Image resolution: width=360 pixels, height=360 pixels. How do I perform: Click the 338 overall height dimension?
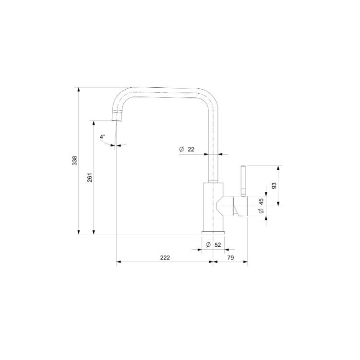click(75, 161)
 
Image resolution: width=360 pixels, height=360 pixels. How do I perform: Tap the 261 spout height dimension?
click(90, 177)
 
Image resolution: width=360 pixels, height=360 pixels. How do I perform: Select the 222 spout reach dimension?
click(165, 257)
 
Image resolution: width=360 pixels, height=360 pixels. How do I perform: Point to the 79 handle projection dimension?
click(231, 257)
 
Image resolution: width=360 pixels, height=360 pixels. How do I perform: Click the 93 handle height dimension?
click(274, 185)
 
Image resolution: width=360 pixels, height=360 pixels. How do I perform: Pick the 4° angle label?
click(102, 137)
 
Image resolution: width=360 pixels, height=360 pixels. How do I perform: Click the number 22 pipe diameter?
click(191, 149)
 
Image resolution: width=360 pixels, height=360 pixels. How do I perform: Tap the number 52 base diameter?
click(218, 245)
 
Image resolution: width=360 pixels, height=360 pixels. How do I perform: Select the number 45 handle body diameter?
click(261, 201)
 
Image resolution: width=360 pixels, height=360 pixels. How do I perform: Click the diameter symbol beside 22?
click(182, 149)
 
